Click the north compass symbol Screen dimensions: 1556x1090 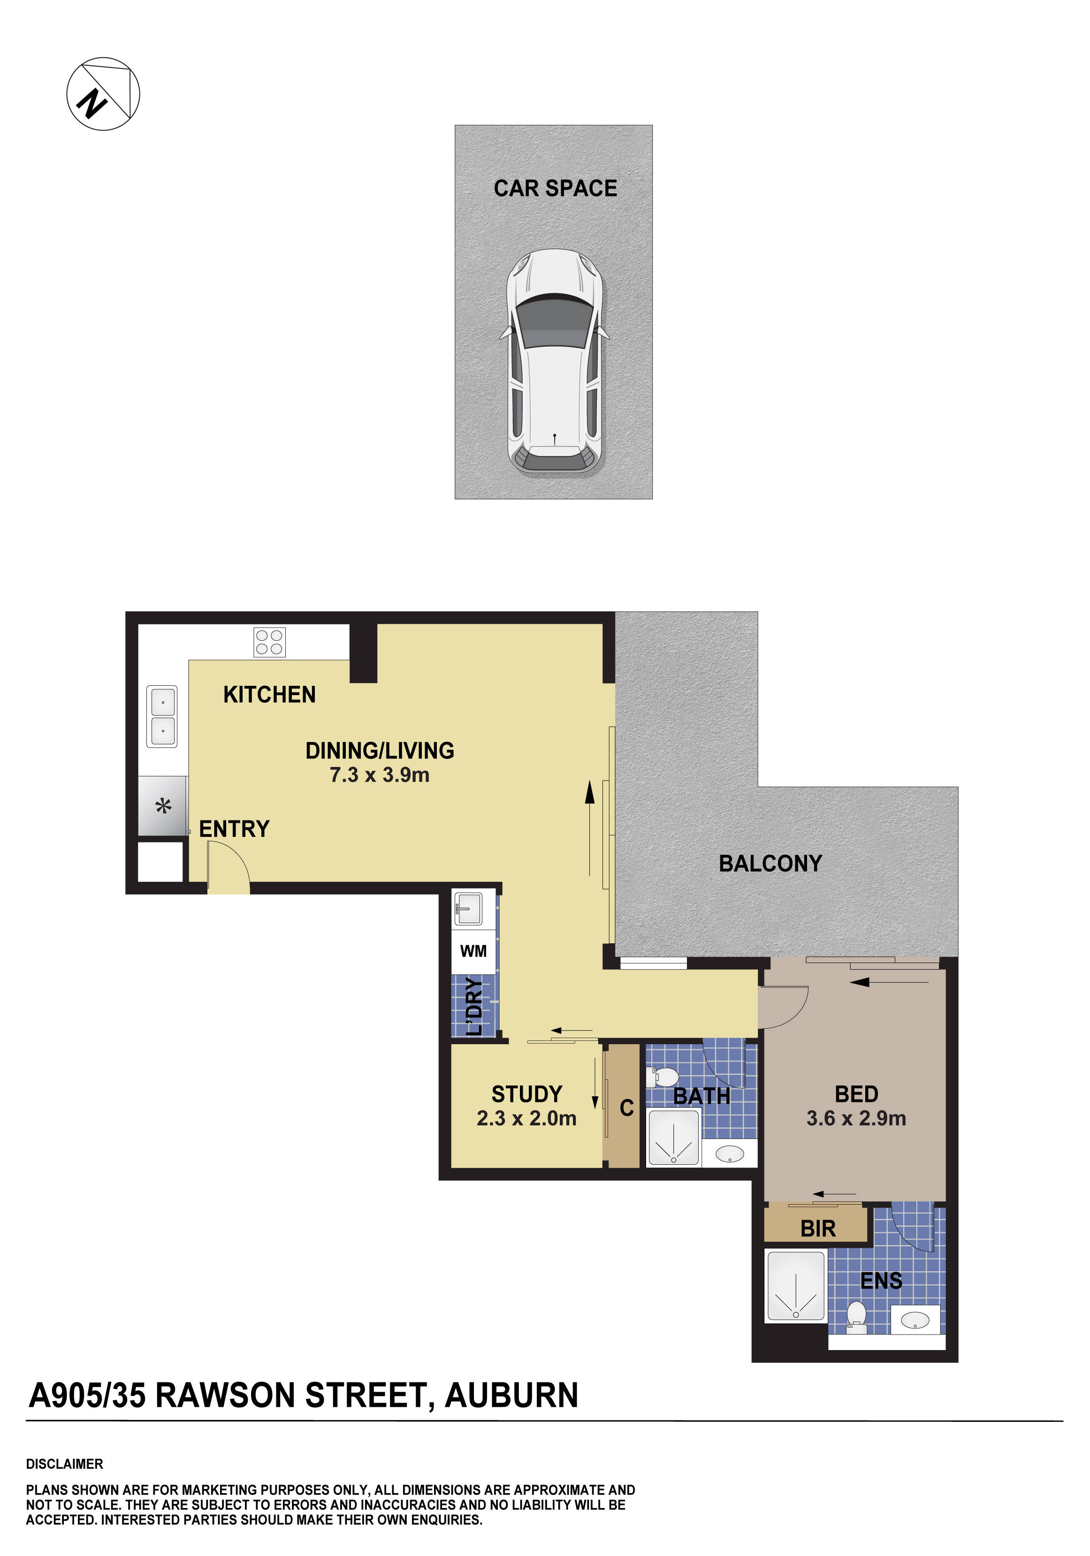tap(103, 93)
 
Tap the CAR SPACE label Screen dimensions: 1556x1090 tap(555, 189)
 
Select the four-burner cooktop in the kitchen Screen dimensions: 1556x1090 tap(269, 642)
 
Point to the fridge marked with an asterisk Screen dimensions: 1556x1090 tap(163, 806)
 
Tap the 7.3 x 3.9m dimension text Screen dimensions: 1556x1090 tap(379, 774)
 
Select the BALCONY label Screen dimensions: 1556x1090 tap(770, 864)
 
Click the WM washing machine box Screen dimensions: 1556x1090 tap(473, 951)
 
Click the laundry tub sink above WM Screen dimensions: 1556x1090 tap(468, 909)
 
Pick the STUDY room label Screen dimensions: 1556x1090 tap(526, 1094)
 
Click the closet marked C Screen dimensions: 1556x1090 tap(625, 1108)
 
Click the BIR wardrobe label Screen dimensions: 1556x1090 tap(817, 1229)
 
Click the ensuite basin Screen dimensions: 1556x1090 tap(915, 1320)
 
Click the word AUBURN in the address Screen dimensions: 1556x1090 tap(511, 1396)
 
